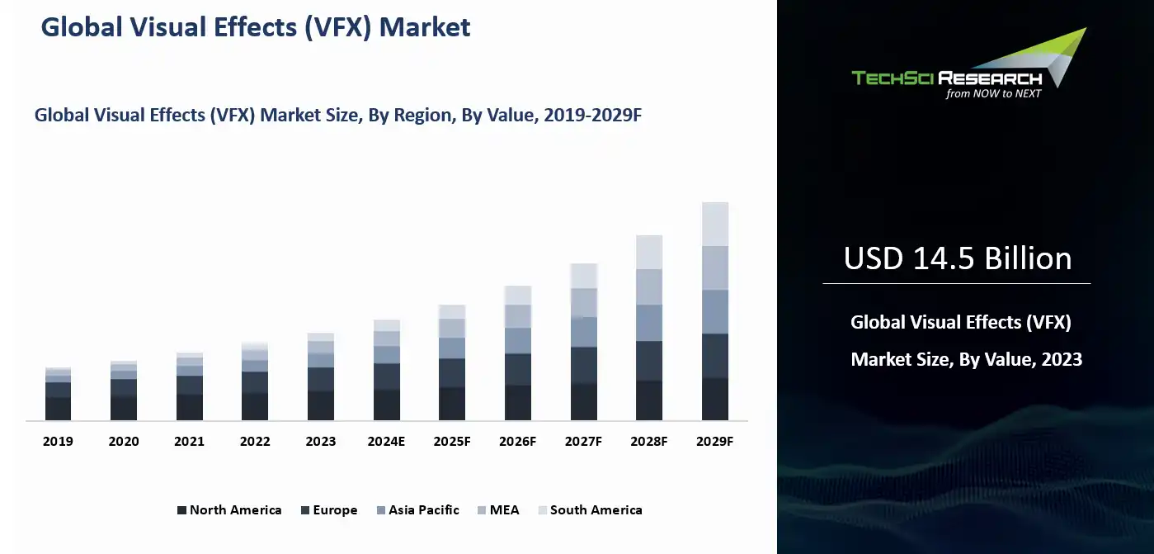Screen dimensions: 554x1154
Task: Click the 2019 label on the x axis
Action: click(58, 442)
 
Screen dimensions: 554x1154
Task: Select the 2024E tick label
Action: click(386, 442)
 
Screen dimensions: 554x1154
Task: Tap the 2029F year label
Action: click(714, 442)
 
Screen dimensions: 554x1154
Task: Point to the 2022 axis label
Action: click(255, 442)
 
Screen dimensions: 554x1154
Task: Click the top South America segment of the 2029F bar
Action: click(714, 224)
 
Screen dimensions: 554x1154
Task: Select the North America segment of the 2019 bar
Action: click(58, 409)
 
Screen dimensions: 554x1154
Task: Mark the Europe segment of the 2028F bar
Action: click(649, 361)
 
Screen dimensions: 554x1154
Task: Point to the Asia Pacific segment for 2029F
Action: click(714, 311)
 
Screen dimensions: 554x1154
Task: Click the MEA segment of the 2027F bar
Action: click(583, 302)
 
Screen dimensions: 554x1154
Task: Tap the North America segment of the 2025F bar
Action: click(452, 404)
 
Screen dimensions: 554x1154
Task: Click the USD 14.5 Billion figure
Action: click(957, 259)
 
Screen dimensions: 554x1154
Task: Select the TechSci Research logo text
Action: click(946, 78)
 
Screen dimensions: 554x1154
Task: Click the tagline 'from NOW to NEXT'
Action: click(993, 94)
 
